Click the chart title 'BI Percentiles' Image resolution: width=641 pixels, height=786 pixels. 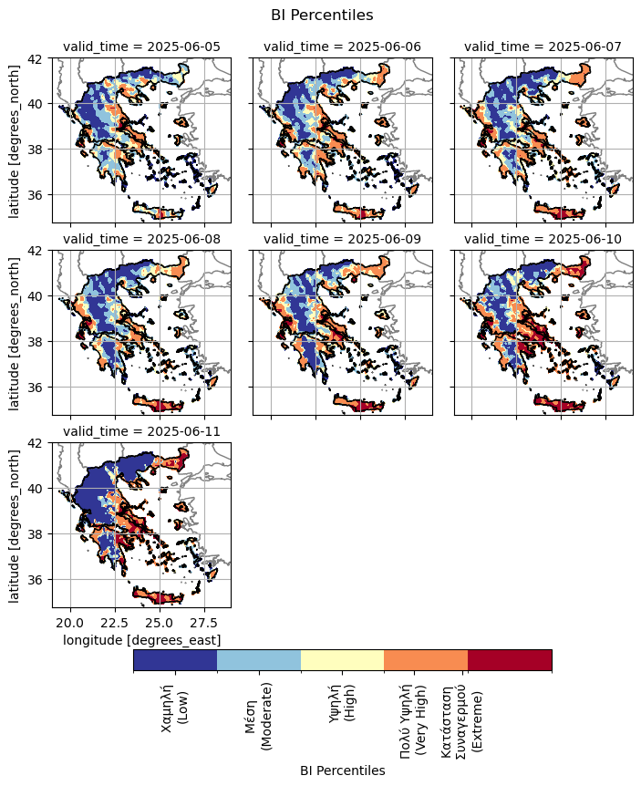point(322,15)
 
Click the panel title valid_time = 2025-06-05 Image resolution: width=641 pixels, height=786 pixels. point(141,47)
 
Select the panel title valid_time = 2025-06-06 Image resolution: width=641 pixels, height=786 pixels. point(342,47)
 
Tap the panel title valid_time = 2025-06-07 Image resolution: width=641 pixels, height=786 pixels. point(543,47)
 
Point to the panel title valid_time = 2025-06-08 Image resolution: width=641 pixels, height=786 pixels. point(141,240)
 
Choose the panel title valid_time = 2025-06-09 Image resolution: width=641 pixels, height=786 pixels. point(342,240)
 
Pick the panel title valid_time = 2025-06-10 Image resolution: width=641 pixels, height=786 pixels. point(543,240)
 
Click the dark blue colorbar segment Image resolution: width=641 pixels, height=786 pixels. point(175,660)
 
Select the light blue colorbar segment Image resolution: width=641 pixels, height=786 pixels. point(259,660)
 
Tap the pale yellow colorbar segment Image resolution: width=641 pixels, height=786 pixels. point(343,660)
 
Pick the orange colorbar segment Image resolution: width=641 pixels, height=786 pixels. point(426,660)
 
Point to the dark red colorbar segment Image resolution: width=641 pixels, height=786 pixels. point(510,660)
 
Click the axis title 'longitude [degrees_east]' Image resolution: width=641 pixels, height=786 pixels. point(141,640)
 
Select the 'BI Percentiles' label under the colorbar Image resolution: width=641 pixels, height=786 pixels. point(342,770)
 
